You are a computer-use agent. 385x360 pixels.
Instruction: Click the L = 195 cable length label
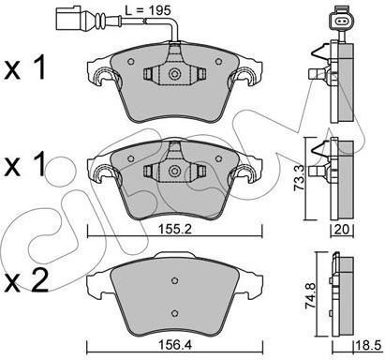(x=148, y=10)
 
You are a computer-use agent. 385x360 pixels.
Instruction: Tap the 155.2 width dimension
(x=174, y=230)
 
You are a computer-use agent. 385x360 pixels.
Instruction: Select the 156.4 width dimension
(x=174, y=345)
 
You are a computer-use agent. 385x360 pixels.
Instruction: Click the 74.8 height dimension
(x=311, y=295)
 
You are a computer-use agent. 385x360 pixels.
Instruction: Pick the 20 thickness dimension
(x=342, y=230)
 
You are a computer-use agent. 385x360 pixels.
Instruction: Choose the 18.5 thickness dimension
(x=368, y=345)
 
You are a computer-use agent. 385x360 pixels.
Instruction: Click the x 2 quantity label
(x=27, y=280)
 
